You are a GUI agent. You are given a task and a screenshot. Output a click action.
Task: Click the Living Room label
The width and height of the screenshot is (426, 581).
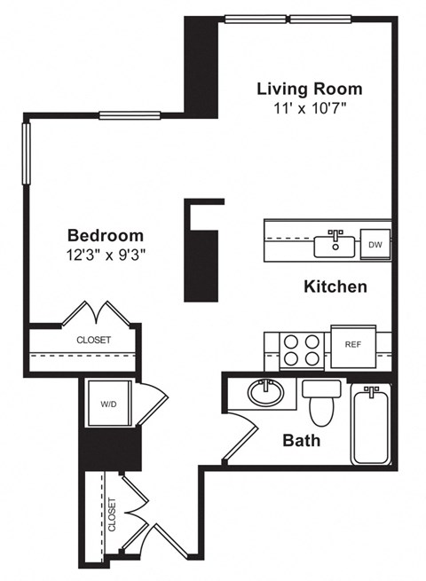[309, 89]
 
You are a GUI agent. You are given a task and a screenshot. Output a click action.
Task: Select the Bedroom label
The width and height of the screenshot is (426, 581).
[106, 235]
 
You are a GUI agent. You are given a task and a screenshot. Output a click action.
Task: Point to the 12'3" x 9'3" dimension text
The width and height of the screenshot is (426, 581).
[106, 254]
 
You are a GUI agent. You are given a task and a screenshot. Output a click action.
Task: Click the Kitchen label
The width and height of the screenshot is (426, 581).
[335, 287]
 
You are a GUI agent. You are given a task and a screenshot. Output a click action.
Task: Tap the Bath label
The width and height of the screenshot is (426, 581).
[301, 440]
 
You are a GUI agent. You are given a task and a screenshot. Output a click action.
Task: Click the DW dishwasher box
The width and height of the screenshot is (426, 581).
[375, 244]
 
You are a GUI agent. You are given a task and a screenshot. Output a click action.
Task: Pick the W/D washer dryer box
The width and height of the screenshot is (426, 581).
[108, 404]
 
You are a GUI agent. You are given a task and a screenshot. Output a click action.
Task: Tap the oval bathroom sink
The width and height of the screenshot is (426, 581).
[264, 391]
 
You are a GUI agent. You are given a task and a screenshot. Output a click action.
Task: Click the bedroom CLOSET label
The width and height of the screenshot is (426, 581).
[93, 339]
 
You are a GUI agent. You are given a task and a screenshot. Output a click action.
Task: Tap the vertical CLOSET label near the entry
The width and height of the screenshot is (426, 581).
[112, 514]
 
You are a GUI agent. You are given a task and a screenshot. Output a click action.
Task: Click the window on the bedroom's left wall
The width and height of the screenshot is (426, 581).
[27, 153]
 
